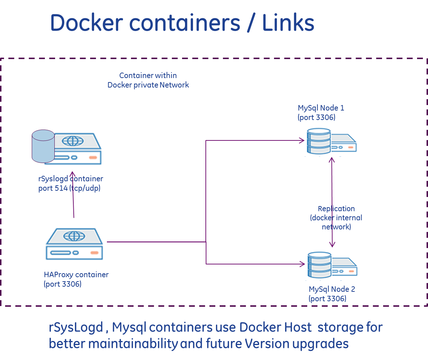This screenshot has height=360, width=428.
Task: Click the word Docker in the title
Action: (x=86, y=23)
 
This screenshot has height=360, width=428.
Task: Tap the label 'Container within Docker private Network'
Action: (x=148, y=80)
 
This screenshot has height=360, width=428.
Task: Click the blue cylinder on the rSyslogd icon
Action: (x=43, y=146)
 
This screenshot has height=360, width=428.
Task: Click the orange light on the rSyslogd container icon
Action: (x=93, y=157)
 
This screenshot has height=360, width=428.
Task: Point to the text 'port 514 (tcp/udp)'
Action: (x=69, y=188)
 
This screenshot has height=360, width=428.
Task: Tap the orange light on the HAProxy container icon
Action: (x=94, y=252)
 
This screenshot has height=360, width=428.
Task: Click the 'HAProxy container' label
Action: (x=76, y=275)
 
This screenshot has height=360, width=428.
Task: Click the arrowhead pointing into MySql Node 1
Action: (x=302, y=140)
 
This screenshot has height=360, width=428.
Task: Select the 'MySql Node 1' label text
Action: (x=321, y=108)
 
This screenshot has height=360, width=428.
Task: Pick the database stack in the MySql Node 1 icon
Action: (x=319, y=141)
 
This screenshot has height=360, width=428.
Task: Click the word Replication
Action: (x=336, y=209)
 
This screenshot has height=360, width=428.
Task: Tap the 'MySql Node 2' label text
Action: (x=332, y=289)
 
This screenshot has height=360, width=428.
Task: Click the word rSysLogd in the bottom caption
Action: (x=76, y=327)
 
